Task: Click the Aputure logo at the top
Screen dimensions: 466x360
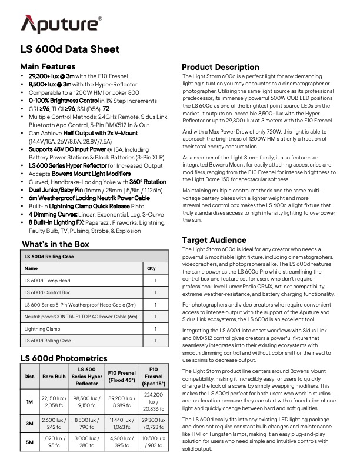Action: [61, 25]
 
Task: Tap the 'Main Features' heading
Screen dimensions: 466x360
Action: [48, 66]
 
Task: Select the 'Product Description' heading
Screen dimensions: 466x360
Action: [221, 67]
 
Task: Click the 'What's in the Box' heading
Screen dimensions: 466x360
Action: [55, 244]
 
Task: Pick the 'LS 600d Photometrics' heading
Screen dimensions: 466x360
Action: [64, 358]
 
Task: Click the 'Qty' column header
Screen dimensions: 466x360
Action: [151, 268]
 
